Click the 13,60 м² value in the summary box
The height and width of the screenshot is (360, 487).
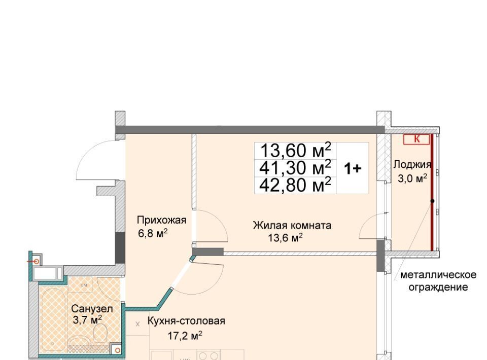pyautogui.click(x=295, y=150)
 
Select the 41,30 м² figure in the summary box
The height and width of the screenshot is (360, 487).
pyautogui.click(x=295, y=168)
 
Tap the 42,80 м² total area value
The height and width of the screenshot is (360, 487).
pyautogui.click(x=295, y=185)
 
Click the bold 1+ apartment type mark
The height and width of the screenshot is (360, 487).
pyautogui.click(x=353, y=168)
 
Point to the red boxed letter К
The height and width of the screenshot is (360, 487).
pyautogui.click(x=416, y=139)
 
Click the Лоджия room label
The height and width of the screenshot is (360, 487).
pyautogui.click(x=412, y=165)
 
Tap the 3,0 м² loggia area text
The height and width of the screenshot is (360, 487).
pyautogui.click(x=412, y=179)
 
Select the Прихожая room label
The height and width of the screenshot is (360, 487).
pyautogui.click(x=161, y=221)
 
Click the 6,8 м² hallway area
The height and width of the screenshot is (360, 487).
pyautogui.click(x=153, y=233)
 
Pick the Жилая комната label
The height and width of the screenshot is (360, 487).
pyautogui.click(x=292, y=225)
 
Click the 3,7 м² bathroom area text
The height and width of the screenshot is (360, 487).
pyautogui.click(x=87, y=319)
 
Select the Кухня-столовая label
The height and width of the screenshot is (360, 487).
pyautogui.click(x=186, y=321)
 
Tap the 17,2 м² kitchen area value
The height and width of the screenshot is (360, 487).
pyautogui.click(x=185, y=336)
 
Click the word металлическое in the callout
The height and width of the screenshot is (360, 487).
pyautogui.click(x=438, y=275)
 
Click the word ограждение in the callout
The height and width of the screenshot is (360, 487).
pyautogui.click(x=438, y=287)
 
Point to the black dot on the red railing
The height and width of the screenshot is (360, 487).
pyautogui.click(x=432, y=201)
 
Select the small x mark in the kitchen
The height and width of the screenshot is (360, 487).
pyautogui.click(x=137, y=324)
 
